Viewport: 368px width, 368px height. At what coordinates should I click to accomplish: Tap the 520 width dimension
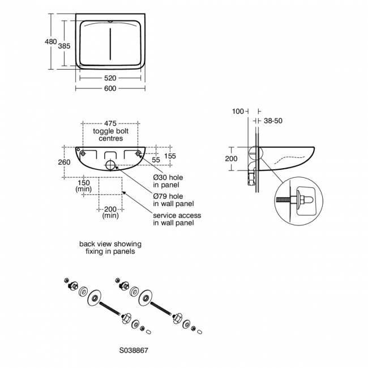110,78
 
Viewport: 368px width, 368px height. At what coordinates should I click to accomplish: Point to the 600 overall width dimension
110,88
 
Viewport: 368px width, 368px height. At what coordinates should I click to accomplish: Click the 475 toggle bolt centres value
110,123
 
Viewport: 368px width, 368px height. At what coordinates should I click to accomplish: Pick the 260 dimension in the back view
64,162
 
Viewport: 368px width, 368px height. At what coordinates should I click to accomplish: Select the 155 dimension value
170,156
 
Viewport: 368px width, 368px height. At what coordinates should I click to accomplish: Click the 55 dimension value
155,161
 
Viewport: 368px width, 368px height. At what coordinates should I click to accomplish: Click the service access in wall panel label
177,219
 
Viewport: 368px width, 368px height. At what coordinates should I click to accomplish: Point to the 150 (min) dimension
84,186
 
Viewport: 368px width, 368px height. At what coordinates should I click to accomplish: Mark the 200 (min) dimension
110,212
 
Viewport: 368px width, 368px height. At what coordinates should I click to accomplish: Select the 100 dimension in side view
237,111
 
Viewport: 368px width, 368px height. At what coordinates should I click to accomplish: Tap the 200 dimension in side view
231,159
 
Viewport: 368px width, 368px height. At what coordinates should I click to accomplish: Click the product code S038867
135,350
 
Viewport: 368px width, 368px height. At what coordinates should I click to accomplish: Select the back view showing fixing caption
110,247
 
